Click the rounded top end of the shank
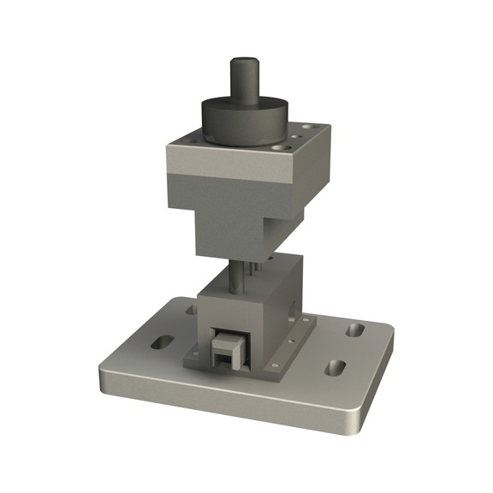pyautogui.click(x=242, y=62)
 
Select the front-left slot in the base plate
pyautogui.click(x=161, y=343)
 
